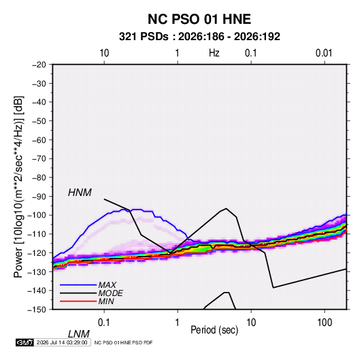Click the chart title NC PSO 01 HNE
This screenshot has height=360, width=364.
[199, 19]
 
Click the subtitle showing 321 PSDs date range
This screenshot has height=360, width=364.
[199, 37]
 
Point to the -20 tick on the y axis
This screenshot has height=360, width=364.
[39, 65]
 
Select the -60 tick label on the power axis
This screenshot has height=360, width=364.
[39, 140]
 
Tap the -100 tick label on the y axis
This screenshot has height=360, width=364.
[37, 215]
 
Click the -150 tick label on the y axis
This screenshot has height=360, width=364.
[37, 310]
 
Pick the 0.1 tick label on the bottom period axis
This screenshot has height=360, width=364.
[104, 323]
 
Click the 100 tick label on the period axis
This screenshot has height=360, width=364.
[325, 323]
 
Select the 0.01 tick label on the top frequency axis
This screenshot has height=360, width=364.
[324, 53]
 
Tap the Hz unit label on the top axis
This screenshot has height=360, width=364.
[214, 53]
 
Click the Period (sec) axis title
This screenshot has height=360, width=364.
[214, 330]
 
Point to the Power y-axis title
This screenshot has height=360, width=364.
[18, 186]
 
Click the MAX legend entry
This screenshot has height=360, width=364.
[107, 285]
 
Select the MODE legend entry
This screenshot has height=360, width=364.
[110, 293]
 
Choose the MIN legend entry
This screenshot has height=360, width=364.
[106, 301]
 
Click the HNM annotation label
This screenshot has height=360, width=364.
[80, 193]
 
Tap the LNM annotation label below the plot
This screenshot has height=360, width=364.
[78, 334]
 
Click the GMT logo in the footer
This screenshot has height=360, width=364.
[24, 342]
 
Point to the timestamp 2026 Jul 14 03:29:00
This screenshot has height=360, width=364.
[62, 342]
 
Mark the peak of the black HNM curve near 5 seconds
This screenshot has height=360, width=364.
[227, 208]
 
